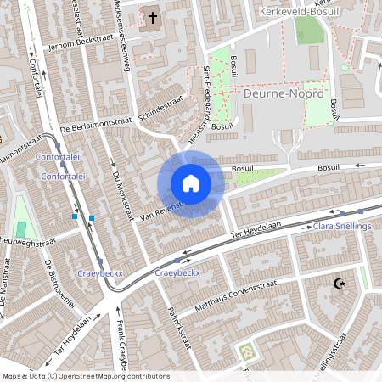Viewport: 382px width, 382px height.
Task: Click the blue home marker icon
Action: (190, 183)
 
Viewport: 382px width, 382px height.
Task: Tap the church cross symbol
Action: (153, 17)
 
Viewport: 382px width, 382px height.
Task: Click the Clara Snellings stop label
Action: (342, 227)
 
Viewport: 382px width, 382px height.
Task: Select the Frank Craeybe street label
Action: (122, 348)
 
